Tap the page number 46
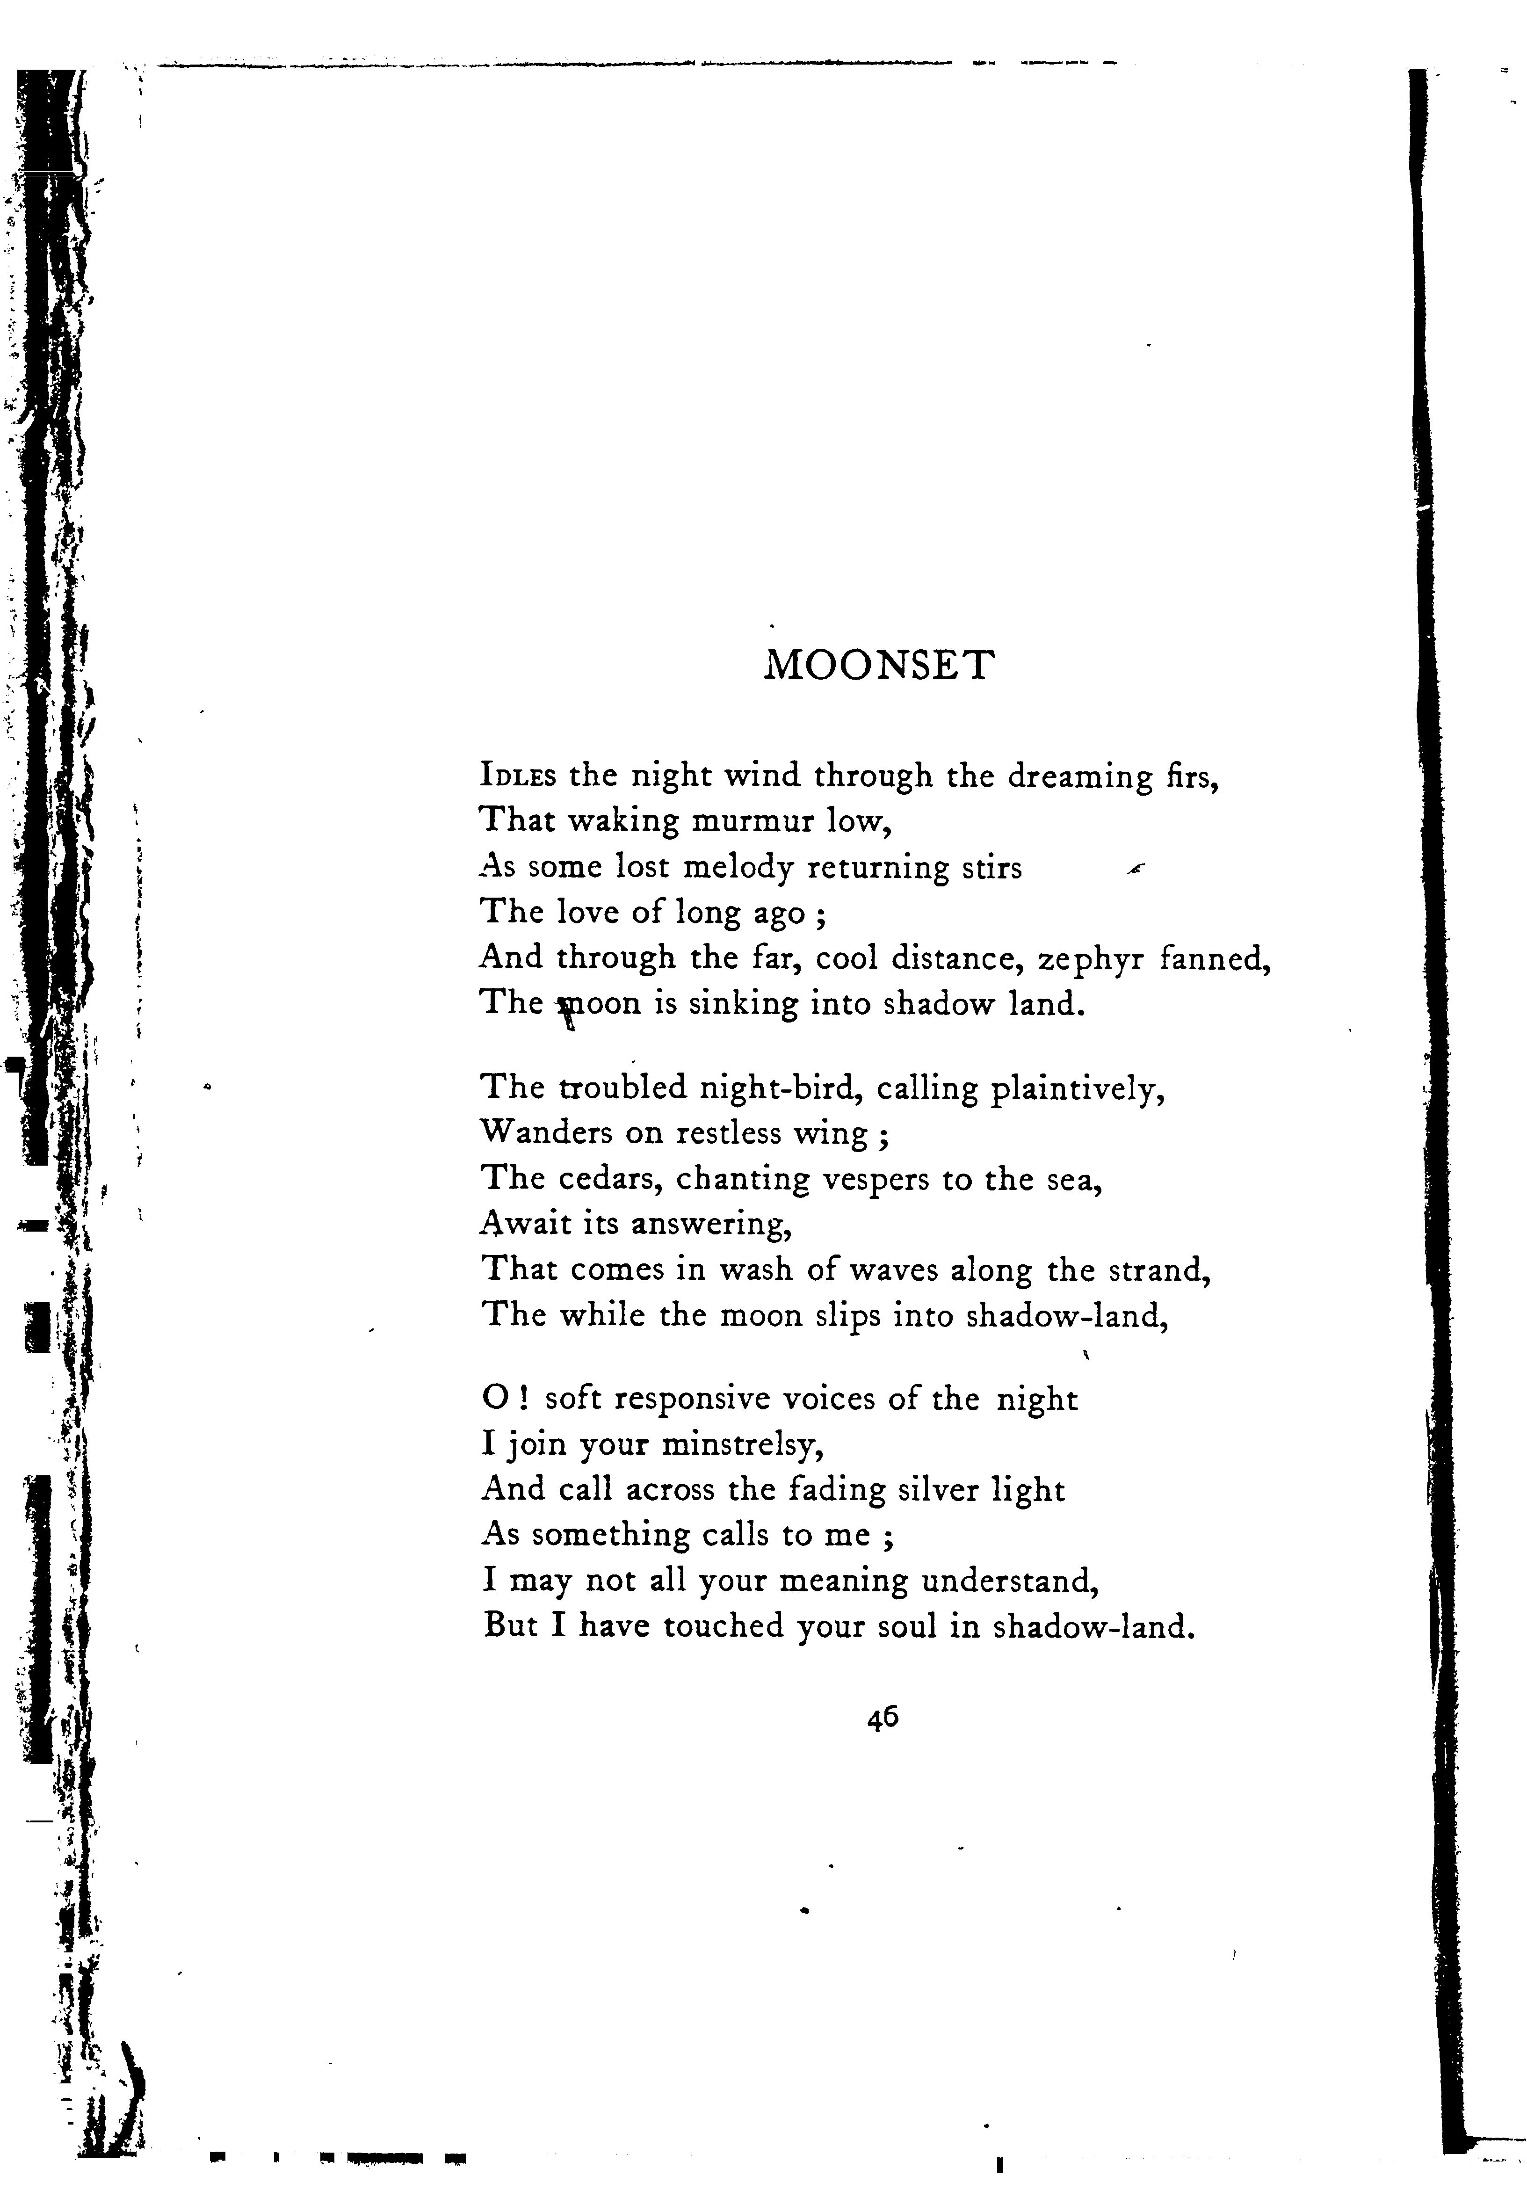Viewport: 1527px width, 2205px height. (882, 1719)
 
